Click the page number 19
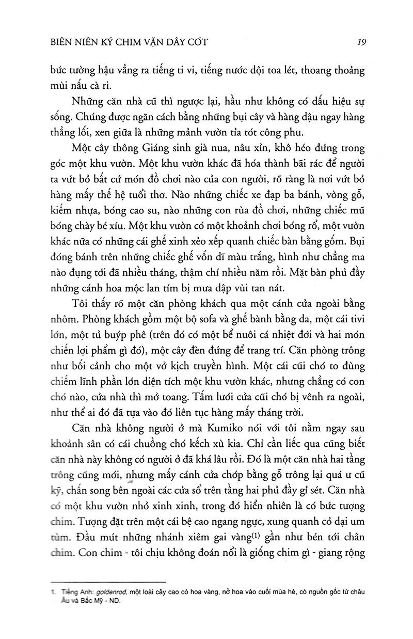pyautogui.click(x=361, y=42)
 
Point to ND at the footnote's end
pyautogui.click(x=114, y=600)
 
